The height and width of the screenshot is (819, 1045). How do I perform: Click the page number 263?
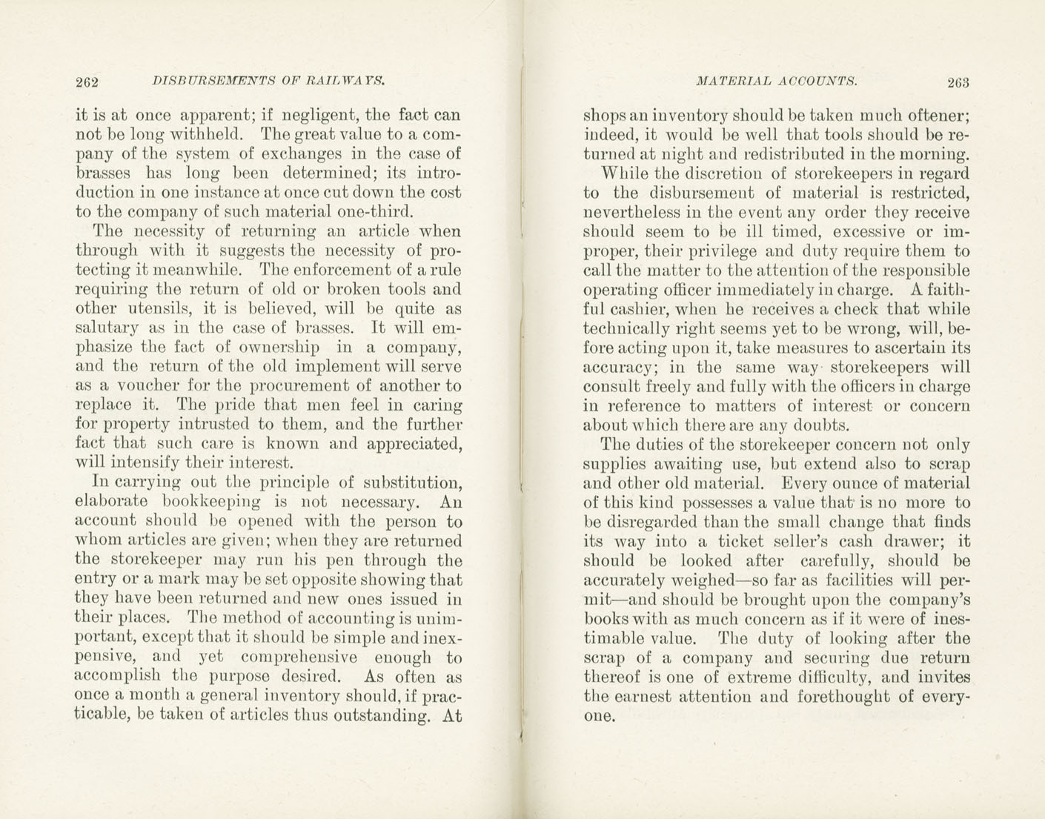tap(957, 82)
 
